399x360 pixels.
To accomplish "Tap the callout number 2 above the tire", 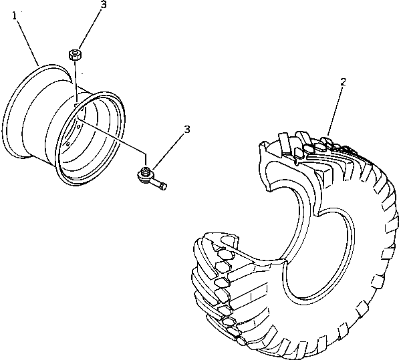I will (x=343, y=82).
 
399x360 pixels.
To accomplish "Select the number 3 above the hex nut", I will (x=103, y=5).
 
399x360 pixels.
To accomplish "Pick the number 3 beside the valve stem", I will (x=187, y=129).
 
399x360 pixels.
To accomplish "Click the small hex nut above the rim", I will (x=75, y=54).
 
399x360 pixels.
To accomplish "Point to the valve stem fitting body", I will (x=144, y=176).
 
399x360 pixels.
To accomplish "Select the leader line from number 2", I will (x=336, y=107).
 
